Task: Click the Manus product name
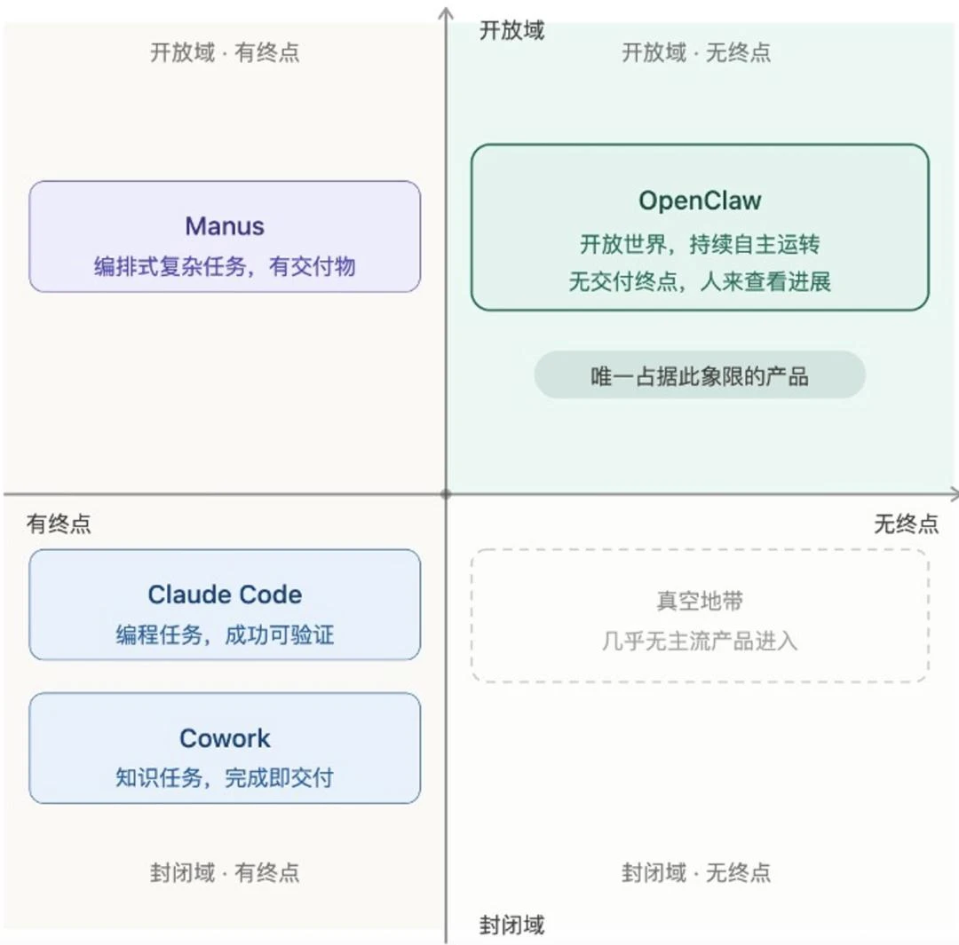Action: pyautogui.click(x=225, y=225)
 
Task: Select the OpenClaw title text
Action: pyautogui.click(x=700, y=200)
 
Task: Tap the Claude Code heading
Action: pyautogui.click(x=225, y=595)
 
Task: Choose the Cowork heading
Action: pyautogui.click(x=225, y=738)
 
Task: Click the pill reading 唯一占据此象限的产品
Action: pyautogui.click(x=700, y=375)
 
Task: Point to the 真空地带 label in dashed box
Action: pyautogui.click(x=700, y=602)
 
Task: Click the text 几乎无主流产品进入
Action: pyautogui.click(x=700, y=640)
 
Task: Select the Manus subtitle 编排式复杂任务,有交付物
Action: pyautogui.click(x=225, y=266)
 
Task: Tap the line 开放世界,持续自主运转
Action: pyautogui.click(x=700, y=244)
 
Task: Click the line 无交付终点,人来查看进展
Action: pyautogui.click(x=700, y=282)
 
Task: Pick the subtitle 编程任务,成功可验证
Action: pyautogui.click(x=225, y=634)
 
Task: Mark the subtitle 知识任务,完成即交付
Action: pyautogui.click(x=225, y=778)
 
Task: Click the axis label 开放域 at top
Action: pyautogui.click(x=511, y=31)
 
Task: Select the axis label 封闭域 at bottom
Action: pyautogui.click(x=511, y=925)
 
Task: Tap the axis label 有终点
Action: pyautogui.click(x=59, y=524)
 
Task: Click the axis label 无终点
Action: pyautogui.click(x=906, y=524)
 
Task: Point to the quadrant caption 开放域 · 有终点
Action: pyautogui.click(x=225, y=52)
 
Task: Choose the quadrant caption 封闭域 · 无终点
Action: pyautogui.click(x=696, y=872)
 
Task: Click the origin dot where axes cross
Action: pyautogui.click(x=446, y=493)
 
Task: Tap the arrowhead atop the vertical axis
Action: pyautogui.click(x=446, y=12)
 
